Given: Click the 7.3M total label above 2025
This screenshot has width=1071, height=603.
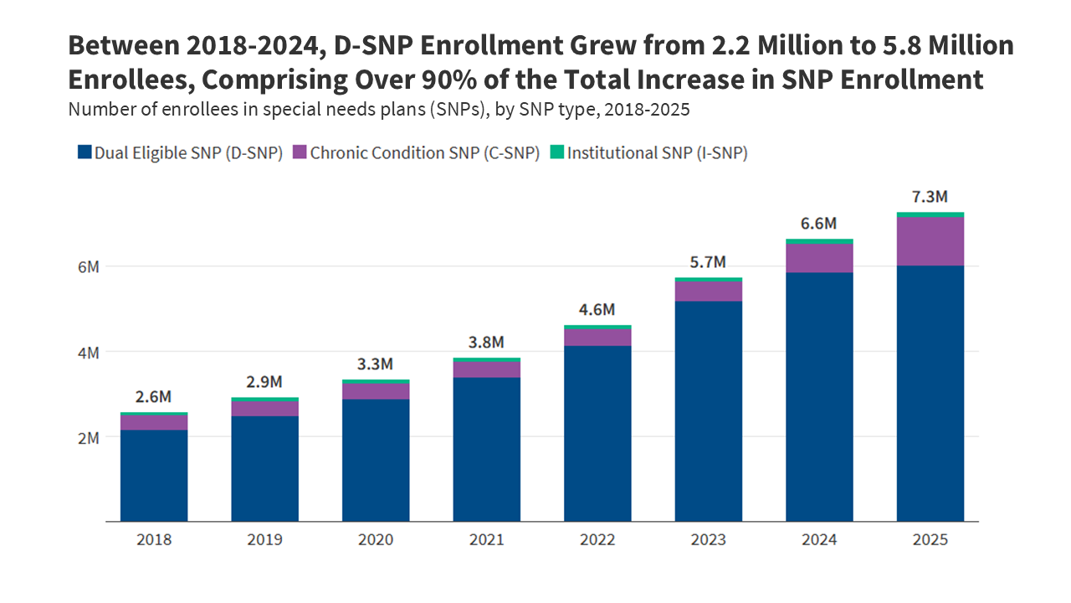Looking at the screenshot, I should [930, 197].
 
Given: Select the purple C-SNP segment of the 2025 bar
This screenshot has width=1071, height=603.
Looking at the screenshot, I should [930, 241].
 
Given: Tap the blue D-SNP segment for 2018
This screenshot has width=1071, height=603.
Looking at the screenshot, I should [154, 476].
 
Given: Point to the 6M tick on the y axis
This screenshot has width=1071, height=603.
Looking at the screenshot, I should [88, 266].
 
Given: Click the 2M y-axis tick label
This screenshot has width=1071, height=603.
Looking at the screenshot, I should [88, 437].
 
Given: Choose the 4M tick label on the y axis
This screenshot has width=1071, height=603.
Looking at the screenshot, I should [88, 352].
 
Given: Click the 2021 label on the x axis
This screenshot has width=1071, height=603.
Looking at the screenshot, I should [486, 539].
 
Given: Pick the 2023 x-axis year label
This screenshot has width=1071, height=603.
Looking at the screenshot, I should [708, 539].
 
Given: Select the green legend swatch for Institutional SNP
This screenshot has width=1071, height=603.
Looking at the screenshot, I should [556, 152].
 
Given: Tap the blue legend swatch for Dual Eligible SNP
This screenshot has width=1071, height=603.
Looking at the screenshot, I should [84, 152].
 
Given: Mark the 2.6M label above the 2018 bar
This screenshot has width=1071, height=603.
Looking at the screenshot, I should [154, 396].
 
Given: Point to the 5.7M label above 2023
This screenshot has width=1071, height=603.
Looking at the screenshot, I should [708, 261].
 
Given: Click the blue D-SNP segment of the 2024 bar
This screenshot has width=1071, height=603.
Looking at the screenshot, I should [819, 397].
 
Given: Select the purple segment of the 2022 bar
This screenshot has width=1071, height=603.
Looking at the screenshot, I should [597, 337].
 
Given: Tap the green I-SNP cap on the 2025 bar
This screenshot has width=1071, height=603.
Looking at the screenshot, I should [930, 214].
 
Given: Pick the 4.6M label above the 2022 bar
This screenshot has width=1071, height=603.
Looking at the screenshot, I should [597, 309].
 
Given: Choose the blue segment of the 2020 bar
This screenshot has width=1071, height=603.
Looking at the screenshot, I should [376, 461].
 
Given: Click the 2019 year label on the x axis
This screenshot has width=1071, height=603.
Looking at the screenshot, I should [264, 539].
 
